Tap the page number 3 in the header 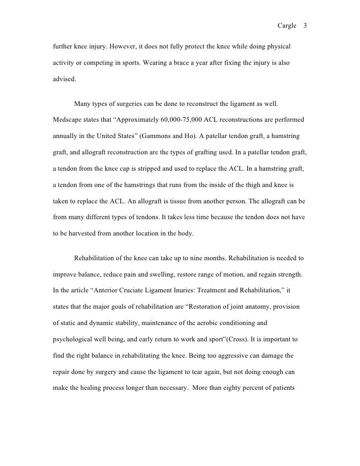click(x=305, y=26)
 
